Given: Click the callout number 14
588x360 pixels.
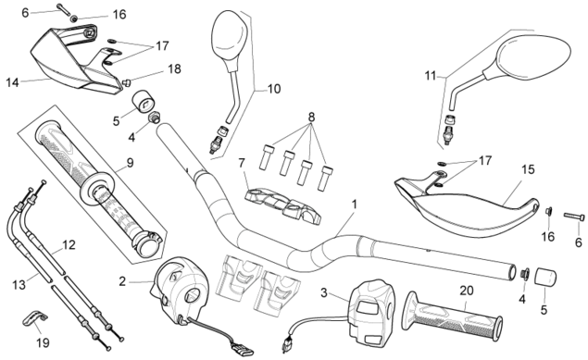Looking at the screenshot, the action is point(12,82).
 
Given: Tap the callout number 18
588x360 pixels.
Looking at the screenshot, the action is point(174,68).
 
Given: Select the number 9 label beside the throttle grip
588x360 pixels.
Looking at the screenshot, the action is point(130,163).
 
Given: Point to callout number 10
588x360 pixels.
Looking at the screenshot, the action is point(274,89).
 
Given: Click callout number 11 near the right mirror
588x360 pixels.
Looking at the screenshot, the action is point(431,76).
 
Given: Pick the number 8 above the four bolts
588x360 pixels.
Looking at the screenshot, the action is point(311,118).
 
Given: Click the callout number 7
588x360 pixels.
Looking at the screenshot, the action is point(242,163).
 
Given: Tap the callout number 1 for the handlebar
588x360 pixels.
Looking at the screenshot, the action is point(354,205).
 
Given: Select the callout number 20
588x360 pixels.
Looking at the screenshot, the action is point(467,291).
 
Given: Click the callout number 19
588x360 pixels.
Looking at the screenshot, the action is point(43,342).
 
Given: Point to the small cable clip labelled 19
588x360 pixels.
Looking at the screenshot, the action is point(33,318).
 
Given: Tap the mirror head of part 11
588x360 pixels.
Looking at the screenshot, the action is point(533,57).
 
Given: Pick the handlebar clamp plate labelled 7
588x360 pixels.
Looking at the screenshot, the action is point(283,205).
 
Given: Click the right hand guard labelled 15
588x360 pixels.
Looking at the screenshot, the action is point(467,205).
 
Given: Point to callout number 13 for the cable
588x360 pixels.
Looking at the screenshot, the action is point(19,285).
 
